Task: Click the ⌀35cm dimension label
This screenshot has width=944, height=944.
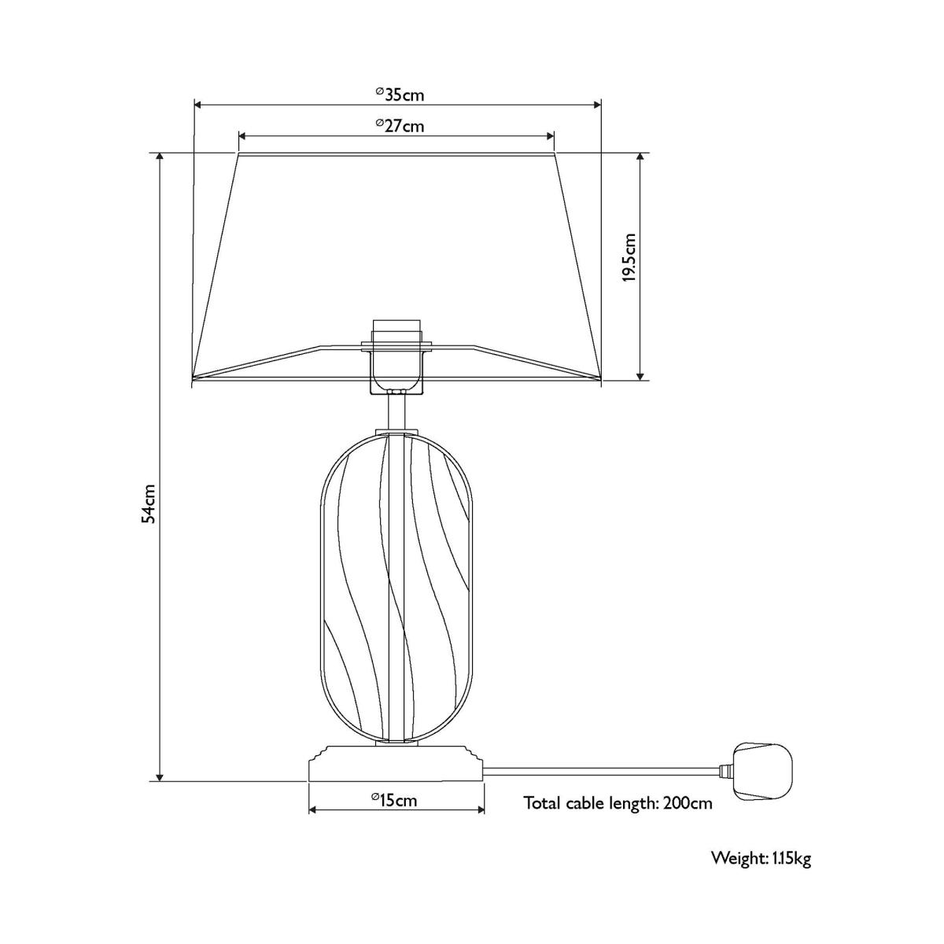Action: pos(400,94)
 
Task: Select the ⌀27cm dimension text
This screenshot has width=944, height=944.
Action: pos(400,126)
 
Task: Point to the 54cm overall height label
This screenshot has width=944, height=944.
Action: pos(149,504)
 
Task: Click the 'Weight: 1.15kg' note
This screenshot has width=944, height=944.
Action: pos(761,858)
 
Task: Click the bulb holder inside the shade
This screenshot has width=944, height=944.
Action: pos(396,356)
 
